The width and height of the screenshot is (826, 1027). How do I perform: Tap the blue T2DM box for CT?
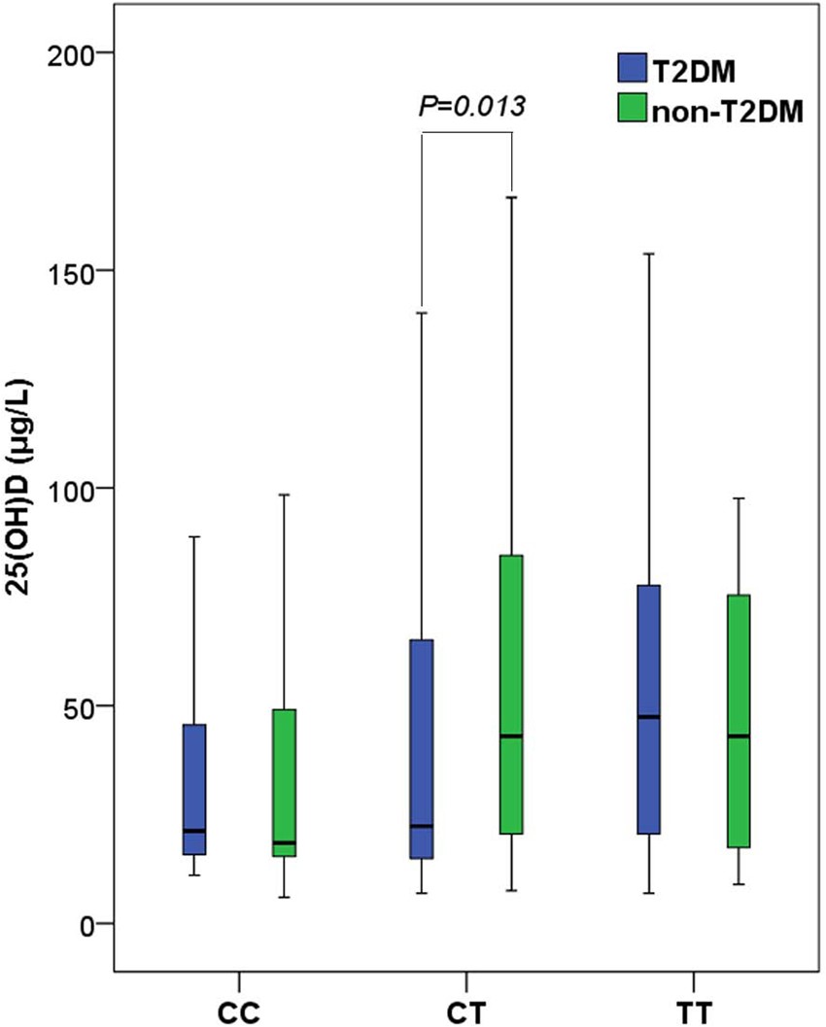pyautogui.click(x=421, y=748)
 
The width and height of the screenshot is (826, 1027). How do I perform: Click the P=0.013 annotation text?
pyautogui.click(x=472, y=105)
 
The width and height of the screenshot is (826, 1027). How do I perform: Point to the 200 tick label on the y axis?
pyautogui.click(x=76, y=52)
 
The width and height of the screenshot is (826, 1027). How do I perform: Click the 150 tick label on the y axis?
pyautogui.click(x=76, y=270)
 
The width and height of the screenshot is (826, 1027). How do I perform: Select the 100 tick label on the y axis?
pyautogui.click(x=76, y=488)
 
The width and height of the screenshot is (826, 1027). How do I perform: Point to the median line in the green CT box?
pyautogui.click(x=511, y=736)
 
